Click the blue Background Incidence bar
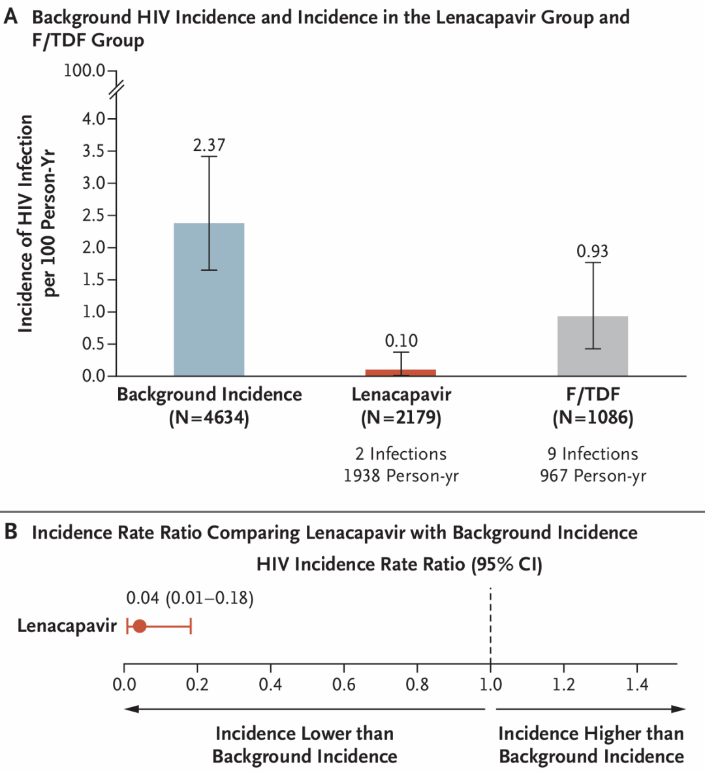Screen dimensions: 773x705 point(209,300)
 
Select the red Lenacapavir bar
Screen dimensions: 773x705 point(401,373)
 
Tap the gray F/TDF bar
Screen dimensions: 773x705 point(593,346)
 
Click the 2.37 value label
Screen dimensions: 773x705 point(209,145)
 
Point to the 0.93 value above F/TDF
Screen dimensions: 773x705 point(592,251)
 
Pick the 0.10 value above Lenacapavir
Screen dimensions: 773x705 point(401,341)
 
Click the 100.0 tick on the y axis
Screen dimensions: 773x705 point(85,71)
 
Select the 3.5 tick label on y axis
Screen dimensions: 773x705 point(94,151)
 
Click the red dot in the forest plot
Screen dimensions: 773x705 point(139,626)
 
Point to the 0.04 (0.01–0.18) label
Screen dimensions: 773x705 point(189,598)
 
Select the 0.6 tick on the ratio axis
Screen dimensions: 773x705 point(344,684)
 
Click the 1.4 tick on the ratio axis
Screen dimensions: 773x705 point(637,684)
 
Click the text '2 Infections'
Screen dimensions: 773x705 point(401,454)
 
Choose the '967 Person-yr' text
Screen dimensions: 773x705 point(593,476)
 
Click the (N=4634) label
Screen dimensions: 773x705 point(209,418)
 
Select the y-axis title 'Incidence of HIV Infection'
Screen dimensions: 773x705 point(25,223)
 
